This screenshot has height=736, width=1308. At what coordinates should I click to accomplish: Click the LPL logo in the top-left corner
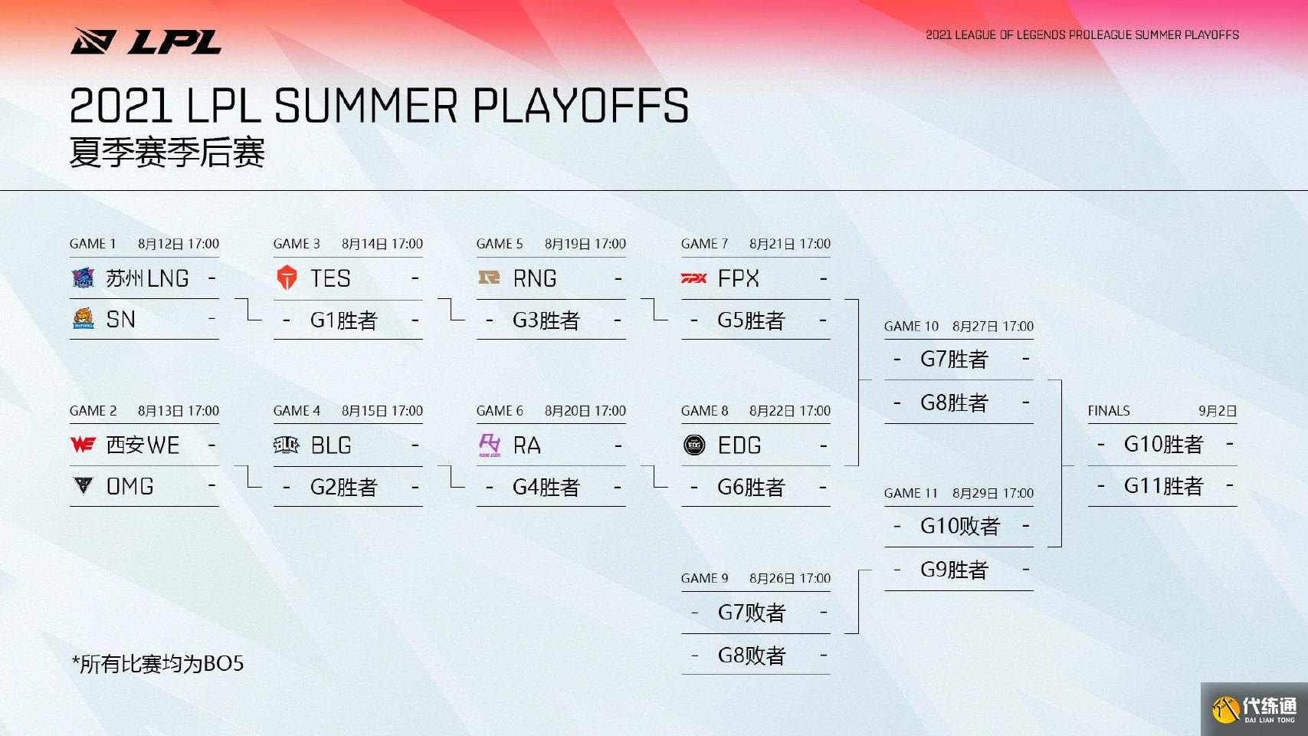(146, 41)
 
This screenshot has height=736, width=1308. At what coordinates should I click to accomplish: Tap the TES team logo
(287, 278)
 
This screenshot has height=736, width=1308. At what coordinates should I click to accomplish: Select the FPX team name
(738, 278)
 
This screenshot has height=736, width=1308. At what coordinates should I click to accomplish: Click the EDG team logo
(694, 445)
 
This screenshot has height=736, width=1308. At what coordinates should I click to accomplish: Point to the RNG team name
(534, 278)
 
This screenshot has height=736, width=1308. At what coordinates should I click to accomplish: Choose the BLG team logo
(286, 445)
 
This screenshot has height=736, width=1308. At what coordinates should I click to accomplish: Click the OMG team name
(129, 486)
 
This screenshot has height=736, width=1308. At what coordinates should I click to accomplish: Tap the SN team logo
(83, 319)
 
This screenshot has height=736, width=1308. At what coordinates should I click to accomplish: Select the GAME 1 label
(93, 244)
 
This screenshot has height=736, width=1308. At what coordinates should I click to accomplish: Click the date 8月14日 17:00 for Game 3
(382, 244)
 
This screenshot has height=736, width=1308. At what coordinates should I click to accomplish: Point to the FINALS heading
(1108, 411)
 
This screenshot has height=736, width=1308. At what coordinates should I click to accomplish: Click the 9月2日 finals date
(1218, 411)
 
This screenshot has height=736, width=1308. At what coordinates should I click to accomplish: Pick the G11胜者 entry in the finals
(1163, 486)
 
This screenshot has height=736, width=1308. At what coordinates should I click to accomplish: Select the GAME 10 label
(911, 327)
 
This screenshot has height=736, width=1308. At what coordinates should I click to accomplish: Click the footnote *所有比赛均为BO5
(158, 664)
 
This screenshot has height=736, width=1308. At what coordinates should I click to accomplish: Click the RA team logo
(490, 445)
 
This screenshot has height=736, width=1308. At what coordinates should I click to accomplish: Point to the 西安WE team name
(143, 445)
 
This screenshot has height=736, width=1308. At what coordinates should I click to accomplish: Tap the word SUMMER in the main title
(366, 106)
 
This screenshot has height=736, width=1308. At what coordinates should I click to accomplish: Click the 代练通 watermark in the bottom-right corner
(1254, 708)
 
